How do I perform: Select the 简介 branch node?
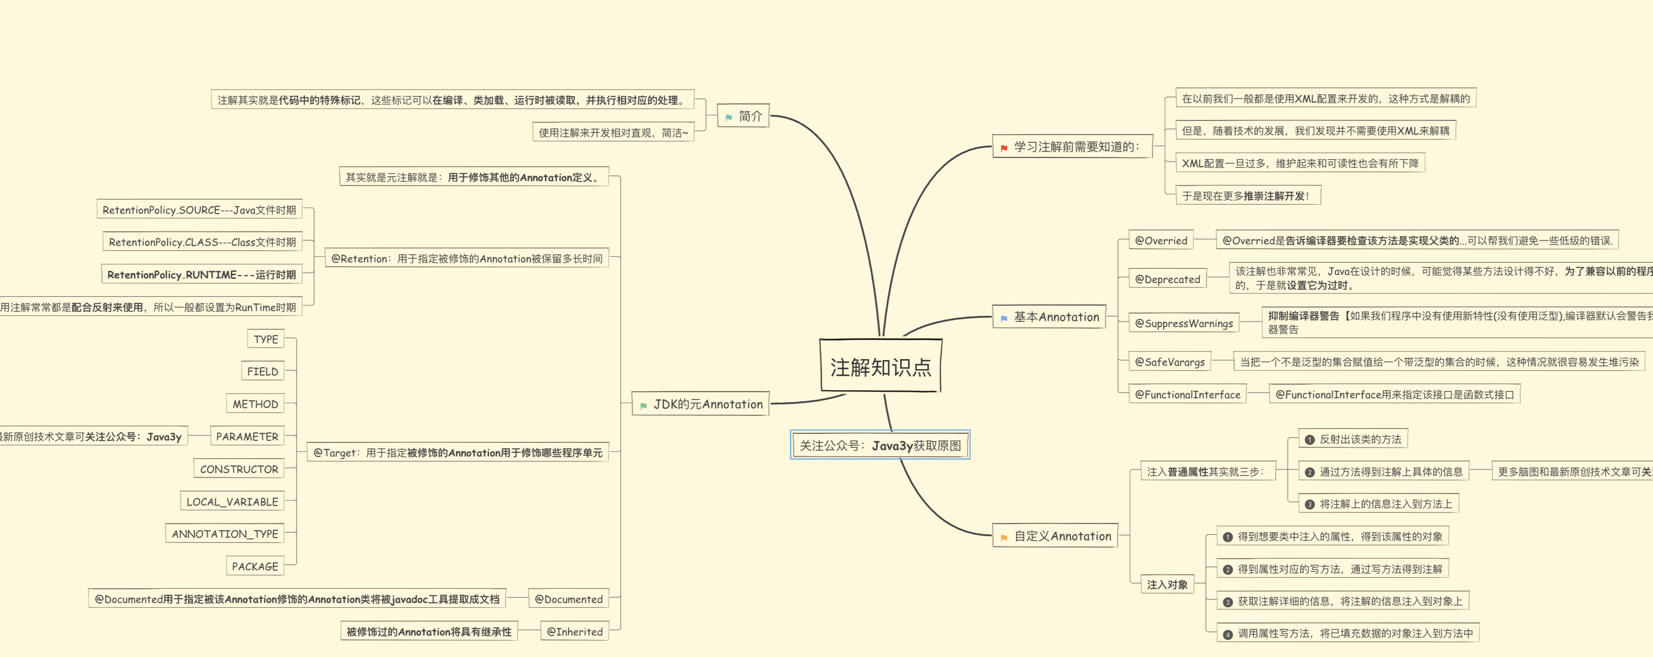743,116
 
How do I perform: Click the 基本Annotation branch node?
1050,317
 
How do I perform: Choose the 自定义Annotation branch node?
1056,536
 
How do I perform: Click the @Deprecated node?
1167,279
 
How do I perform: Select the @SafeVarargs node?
1170,362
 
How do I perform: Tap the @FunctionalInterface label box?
1187,395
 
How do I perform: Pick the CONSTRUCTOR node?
239,469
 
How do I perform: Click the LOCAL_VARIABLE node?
232,502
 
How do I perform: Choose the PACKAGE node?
255,567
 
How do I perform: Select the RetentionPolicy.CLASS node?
202,242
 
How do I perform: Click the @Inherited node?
574,631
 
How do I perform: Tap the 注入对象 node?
1167,584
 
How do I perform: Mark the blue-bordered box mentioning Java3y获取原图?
880,445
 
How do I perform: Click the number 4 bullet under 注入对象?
1227,634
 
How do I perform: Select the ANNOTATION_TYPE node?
225,534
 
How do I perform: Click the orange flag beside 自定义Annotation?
1004,538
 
